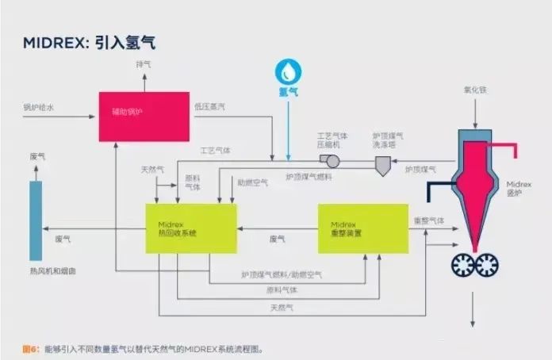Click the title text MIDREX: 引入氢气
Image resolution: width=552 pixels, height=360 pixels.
tap(88, 42)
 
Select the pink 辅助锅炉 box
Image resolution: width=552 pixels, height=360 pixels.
tap(144, 117)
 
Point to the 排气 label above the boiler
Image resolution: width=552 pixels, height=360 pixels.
tap(144, 63)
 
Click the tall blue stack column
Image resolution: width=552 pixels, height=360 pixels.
tap(36, 220)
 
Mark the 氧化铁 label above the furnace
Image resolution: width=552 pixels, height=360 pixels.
tap(473, 89)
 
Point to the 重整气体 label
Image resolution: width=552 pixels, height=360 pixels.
tap(429, 220)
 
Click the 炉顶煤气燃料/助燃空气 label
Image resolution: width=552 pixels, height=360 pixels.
tap(282, 274)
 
